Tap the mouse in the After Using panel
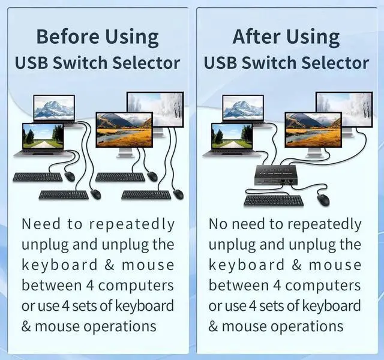point(324,200)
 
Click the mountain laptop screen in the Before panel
point(54,109)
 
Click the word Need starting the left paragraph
point(41,224)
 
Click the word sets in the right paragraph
point(275,306)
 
